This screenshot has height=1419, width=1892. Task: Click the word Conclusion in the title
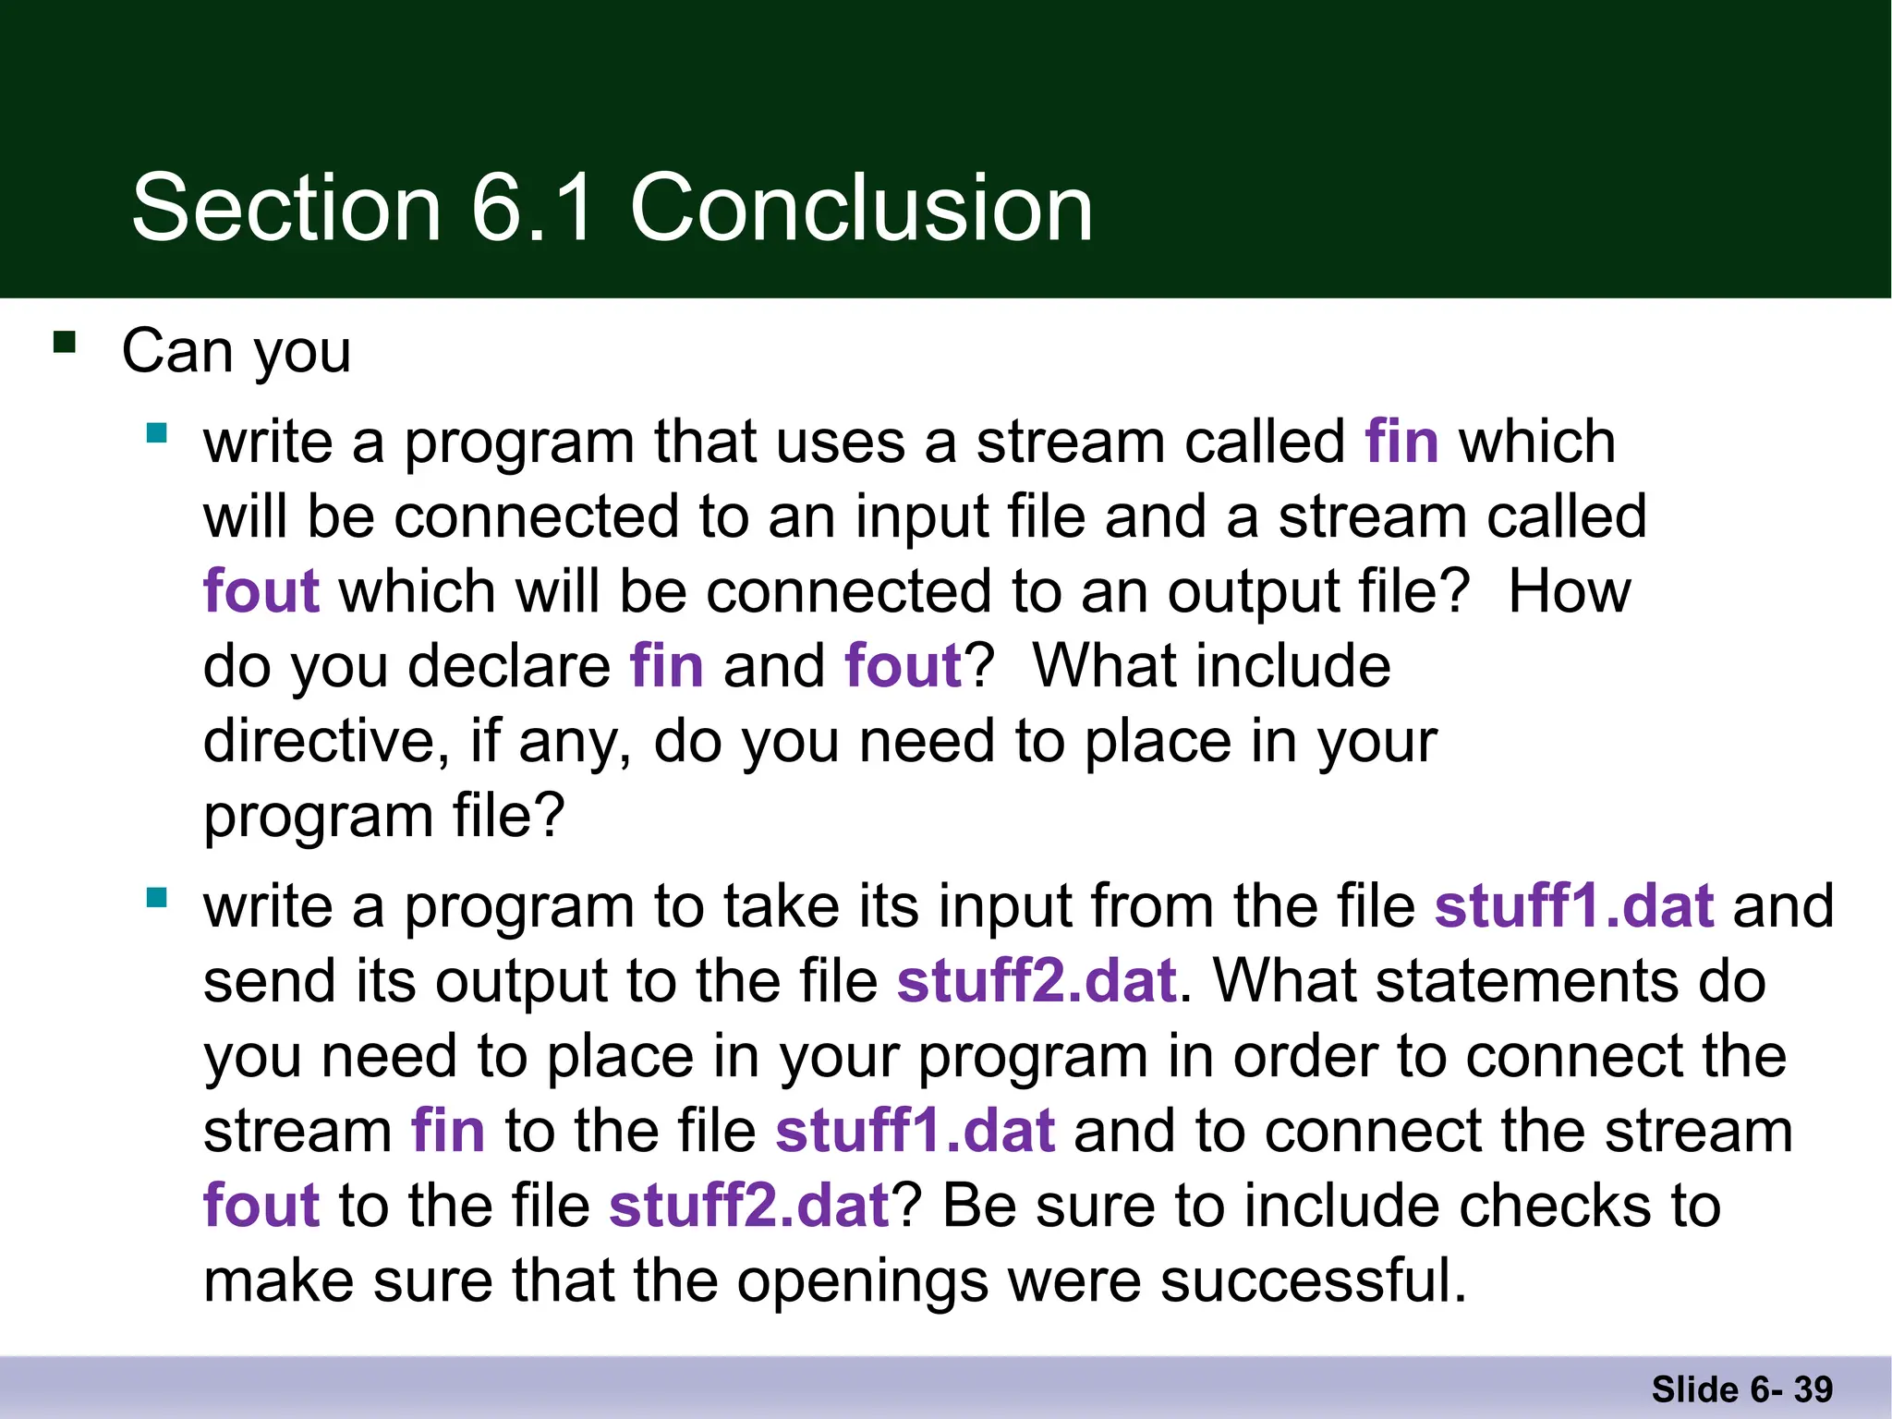[x=861, y=209]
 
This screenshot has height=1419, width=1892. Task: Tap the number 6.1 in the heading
[x=532, y=209]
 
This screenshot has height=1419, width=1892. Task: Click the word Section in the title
[x=286, y=209]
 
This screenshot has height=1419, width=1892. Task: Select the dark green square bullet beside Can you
[x=65, y=343]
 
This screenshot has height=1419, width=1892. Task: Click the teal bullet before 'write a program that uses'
[x=157, y=432]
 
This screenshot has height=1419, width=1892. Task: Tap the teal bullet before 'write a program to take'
[x=157, y=897]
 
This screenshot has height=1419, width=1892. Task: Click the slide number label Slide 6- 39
[x=1741, y=1389]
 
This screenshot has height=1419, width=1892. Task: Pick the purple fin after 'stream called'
[x=1401, y=442]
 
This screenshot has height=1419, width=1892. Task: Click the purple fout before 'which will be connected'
[x=261, y=591]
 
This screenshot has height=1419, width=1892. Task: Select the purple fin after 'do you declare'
[x=666, y=666]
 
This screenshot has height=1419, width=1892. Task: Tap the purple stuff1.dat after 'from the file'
[x=1573, y=906]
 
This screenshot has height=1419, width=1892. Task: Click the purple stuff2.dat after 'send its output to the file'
[x=1036, y=981]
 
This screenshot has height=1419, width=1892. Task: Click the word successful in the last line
[x=1312, y=1281]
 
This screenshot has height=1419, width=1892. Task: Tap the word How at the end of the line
[x=1569, y=591]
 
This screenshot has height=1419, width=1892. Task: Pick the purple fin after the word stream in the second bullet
[x=448, y=1131]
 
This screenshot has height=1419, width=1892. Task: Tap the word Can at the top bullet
[x=176, y=351]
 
